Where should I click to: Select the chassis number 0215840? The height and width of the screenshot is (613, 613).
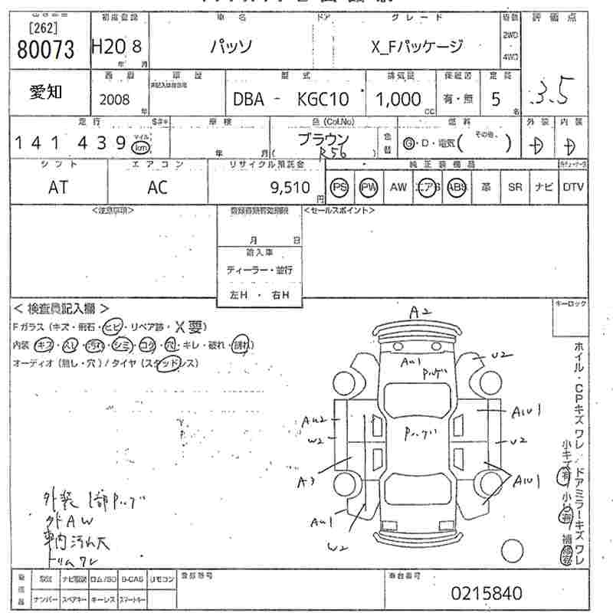487,592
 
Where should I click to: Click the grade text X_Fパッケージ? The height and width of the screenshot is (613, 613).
418,47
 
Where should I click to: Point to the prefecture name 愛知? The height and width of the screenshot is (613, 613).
47,93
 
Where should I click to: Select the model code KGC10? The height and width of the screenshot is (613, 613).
323,99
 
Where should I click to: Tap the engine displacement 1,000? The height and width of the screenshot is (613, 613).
398,99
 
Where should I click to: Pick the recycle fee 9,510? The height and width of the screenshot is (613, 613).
290,188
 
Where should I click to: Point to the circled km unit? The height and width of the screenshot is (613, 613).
141,147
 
